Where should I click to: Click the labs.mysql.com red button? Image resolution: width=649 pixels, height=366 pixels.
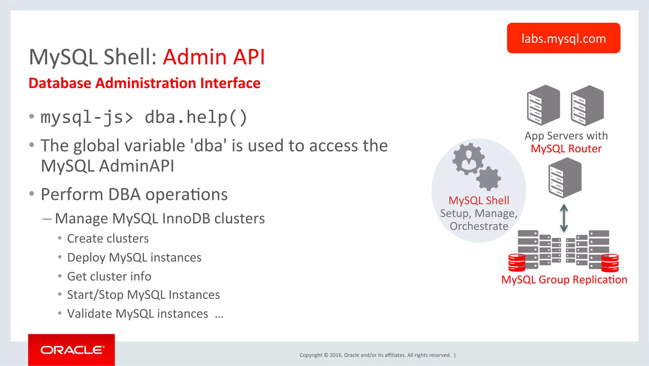click(563, 38)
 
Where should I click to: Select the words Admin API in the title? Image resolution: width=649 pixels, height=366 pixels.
click(214, 57)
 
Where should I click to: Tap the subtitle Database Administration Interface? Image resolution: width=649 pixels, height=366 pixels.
click(145, 83)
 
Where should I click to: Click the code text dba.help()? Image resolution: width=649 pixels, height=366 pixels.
click(196, 117)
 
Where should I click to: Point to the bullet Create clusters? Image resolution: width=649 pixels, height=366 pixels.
click(108, 238)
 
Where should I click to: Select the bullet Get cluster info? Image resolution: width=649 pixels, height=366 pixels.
click(109, 276)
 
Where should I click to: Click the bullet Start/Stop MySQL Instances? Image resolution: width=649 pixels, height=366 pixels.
click(143, 295)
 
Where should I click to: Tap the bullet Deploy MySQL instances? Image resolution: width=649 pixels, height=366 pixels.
click(134, 257)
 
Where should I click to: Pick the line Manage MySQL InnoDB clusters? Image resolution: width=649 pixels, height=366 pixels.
click(160, 218)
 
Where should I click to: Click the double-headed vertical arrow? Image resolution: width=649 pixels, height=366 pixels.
click(564, 218)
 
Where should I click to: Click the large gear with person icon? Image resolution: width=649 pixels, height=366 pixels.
click(468, 159)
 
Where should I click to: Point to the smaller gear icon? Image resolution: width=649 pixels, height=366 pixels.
click(489, 178)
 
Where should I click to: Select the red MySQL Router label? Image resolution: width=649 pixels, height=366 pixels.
click(566, 149)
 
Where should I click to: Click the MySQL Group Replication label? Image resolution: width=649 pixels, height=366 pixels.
click(564, 280)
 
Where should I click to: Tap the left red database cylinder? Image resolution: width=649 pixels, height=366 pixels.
click(517, 263)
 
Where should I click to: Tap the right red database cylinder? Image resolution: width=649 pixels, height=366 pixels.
click(610, 263)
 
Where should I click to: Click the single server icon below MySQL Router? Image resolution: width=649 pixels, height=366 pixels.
click(565, 178)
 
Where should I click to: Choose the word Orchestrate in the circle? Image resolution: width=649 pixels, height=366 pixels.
click(479, 226)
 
